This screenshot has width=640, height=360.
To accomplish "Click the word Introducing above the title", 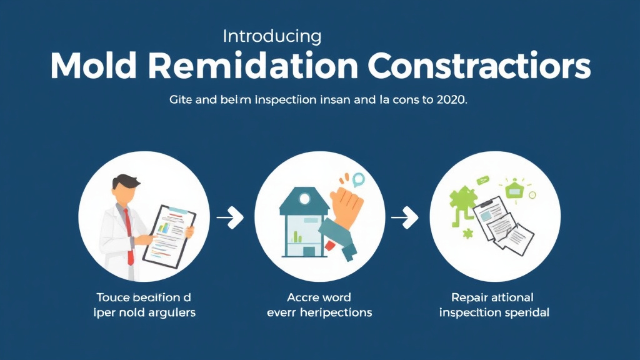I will (x=272, y=36).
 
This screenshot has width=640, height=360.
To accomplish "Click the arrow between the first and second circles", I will (x=229, y=217).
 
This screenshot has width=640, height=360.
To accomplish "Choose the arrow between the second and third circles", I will (x=404, y=217).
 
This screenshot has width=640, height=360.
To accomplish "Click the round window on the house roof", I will (x=304, y=198).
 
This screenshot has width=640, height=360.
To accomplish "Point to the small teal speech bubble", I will (x=357, y=181).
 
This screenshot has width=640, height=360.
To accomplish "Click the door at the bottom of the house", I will (x=309, y=251).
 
